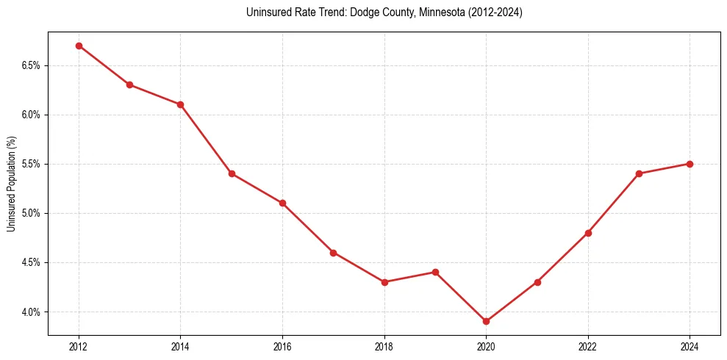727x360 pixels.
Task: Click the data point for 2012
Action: [x=79, y=46]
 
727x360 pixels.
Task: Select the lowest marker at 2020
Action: [x=486, y=321]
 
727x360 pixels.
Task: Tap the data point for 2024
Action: [x=690, y=164]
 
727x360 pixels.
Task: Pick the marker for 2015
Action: [x=232, y=173]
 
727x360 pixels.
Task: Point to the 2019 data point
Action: [x=435, y=272]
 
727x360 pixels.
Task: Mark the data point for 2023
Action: [x=639, y=173]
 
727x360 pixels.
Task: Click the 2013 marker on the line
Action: [x=129, y=84]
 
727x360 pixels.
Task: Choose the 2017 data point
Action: [x=333, y=253]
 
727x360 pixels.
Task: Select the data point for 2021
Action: [x=537, y=282]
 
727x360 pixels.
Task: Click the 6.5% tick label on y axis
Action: [x=30, y=65]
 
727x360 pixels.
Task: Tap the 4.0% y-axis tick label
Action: [x=30, y=312]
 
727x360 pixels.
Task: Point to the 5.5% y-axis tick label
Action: [x=30, y=164]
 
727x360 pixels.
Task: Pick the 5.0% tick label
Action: [x=30, y=213]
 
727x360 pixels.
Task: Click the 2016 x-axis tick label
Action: [x=282, y=346]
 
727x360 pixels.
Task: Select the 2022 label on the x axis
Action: [x=588, y=346]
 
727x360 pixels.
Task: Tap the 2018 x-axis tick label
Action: [x=384, y=346]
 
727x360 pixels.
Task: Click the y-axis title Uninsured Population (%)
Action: [x=11, y=184]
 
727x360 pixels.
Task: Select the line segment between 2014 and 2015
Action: [x=206, y=139]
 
